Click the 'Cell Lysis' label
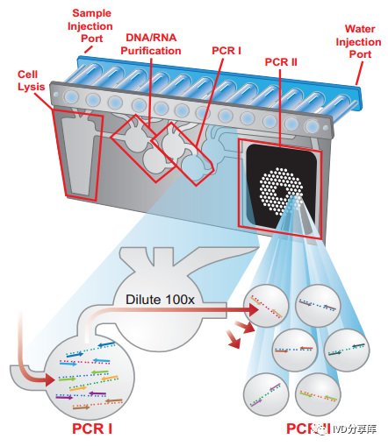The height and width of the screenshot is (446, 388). [x=31, y=81]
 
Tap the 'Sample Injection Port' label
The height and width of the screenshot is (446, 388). [x=90, y=26]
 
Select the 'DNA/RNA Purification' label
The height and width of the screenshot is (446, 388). [x=151, y=44]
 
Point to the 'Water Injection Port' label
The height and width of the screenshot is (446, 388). [x=358, y=41]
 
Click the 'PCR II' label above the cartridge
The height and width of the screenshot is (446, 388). [x=281, y=62]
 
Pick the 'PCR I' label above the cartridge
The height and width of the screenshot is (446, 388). [x=226, y=51]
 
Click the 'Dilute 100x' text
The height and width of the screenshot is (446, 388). [x=160, y=300]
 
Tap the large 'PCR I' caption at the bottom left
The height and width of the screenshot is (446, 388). [x=92, y=428]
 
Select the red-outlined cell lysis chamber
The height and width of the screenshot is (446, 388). [x=78, y=155]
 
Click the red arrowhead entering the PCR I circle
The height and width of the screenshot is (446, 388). [x=50, y=380]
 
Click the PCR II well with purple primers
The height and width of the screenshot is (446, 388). [x=266, y=395]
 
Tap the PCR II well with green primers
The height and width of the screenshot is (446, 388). [x=318, y=395]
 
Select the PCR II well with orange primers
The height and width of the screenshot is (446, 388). [x=294, y=350]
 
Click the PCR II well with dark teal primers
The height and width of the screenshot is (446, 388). [x=347, y=350]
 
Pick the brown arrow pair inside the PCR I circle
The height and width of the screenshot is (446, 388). [x=97, y=404]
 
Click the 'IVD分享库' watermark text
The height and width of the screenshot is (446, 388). [x=354, y=428]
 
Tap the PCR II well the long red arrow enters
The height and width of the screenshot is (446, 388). [x=266, y=307]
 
